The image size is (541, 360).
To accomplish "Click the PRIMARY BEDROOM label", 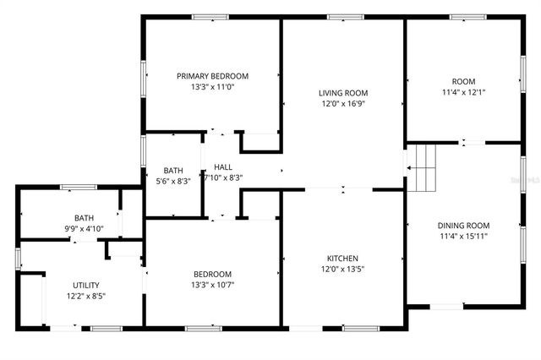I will (212, 76).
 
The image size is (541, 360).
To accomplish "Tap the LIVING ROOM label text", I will (343, 93).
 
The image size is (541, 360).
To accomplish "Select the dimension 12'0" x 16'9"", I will (343, 104).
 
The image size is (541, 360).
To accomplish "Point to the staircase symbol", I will (422, 167).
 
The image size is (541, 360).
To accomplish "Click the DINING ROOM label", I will (463, 226).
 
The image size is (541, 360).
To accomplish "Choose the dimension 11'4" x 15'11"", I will (463, 237).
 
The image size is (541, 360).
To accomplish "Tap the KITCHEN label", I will (343, 259).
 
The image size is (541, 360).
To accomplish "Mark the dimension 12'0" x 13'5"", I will (343, 270).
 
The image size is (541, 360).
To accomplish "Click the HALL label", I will (223, 167).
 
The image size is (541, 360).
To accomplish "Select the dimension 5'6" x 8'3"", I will (173, 180).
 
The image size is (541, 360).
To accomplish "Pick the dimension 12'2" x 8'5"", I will (85, 297).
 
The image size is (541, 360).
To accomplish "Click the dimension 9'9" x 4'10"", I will (85, 228).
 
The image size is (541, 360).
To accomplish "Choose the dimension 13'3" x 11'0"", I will (212, 87).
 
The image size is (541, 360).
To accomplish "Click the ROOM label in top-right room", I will (463, 81).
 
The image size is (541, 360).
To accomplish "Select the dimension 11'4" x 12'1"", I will (463, 92).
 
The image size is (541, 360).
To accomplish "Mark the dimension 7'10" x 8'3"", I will (223, 177).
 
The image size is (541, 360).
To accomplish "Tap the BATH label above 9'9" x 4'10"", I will (85, 217).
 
